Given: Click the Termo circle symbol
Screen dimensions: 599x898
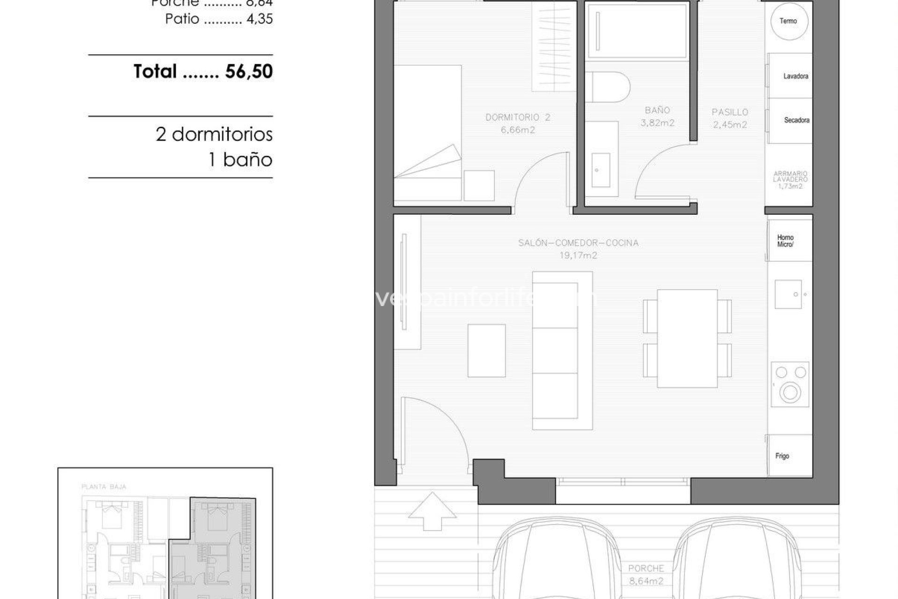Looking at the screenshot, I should pyautogui.click(x=788, y=21).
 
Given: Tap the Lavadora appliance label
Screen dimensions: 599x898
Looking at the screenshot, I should pyautogui.click(x=796, y=76).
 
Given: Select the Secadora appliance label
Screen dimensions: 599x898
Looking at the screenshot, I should pyautogui.click(x=797, y=120).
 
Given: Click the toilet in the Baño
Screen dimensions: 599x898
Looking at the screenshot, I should pyautogui.click(x=608, y=87).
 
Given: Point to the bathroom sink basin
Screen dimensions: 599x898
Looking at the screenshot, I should pyautogui.click(x=601, y=170).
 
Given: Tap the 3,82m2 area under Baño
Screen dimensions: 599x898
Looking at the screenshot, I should pyautogui.click(x=657, y=123).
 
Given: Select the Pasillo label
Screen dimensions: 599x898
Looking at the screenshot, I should pyautogui.click(x=730, y=112).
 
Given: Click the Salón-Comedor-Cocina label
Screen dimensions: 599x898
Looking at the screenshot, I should pyautogui.click(x=578, y=243).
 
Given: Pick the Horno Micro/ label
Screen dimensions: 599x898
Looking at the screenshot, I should pyautogui.click(x=786, y=241).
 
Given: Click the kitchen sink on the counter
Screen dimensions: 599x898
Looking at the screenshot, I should pyautogui.click(x=788, y=294).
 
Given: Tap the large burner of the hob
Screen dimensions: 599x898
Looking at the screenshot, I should pyautogui.click(x=790, y=393).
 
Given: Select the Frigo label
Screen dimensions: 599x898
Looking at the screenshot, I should pyautogui.click(x=782, y=456).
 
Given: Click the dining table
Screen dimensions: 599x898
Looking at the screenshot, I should pyautogui.click(x=687, y=338).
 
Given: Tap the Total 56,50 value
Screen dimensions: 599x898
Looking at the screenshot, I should pyautogui.click(x=248, y=72).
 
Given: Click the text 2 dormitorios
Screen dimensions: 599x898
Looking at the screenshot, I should pyautogui.click(x=214, y=135).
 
